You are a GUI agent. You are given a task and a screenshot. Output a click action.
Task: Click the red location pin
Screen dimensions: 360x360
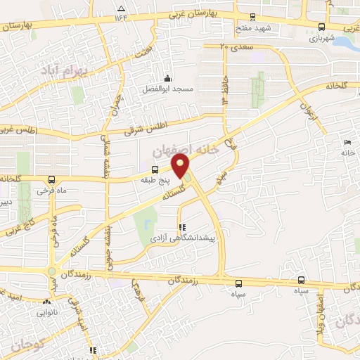181,166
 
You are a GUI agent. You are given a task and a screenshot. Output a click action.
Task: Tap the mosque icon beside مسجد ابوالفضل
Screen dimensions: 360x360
167,78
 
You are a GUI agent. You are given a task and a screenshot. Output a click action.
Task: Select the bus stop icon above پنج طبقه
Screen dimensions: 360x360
155,169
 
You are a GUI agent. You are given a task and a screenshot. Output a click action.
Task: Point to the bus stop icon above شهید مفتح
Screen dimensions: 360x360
254,18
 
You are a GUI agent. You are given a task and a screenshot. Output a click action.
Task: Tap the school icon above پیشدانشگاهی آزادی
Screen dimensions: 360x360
183,227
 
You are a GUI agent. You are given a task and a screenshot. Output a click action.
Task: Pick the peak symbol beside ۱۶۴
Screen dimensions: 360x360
118,14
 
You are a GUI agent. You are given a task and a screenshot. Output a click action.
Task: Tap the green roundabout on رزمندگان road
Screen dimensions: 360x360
51,272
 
